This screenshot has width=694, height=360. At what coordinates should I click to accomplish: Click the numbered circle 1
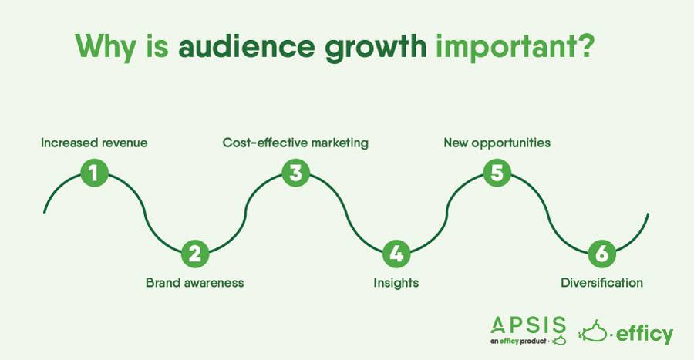tap(94, 173)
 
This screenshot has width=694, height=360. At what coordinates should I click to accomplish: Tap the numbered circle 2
tap(195, 254)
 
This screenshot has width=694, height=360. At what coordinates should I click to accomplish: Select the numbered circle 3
tap(295, 173)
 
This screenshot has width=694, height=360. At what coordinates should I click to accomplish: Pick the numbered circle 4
tap(396, 254)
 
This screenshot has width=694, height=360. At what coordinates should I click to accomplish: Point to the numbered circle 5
tap(497, 173)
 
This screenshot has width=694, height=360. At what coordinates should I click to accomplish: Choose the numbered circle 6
tap(601, 254)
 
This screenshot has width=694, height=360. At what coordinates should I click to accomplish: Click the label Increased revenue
tap(94, 143)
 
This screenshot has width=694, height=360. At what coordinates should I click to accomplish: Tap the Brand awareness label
tap(195, 283)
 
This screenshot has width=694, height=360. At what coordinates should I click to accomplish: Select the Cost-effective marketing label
tap(295, 143)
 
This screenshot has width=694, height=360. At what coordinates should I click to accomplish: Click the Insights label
tap(396, 283)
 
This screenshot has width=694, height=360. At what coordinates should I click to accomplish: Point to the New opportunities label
tap(497, 143)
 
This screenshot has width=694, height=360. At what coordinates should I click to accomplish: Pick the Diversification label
tap(602, 283)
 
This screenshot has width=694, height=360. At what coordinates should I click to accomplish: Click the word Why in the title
tap(106, 47)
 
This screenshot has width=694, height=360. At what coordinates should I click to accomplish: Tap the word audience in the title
tap(247, 46)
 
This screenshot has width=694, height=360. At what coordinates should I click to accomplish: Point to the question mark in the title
tap(584, 46)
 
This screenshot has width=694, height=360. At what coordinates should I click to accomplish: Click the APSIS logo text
tap(528, 325)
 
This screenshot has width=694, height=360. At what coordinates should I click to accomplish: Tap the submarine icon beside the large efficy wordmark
tap(593, 331)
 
